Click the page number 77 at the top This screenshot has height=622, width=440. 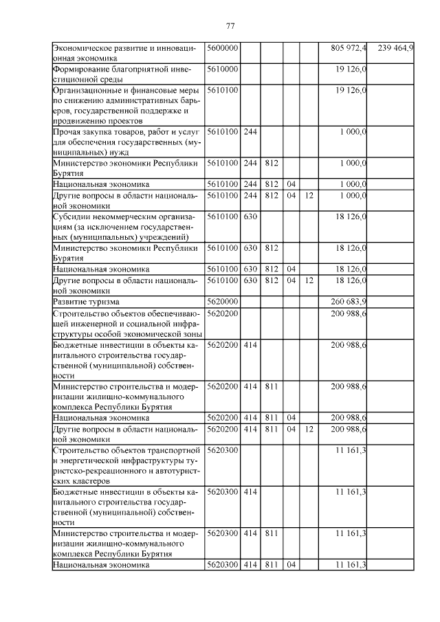tap(230, 26)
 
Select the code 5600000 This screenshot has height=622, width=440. tap(222, 48)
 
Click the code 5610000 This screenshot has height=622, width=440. tap(222, 69)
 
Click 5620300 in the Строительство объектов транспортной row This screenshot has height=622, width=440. tap(222, 450)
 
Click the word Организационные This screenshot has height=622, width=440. tap(87, 90)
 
